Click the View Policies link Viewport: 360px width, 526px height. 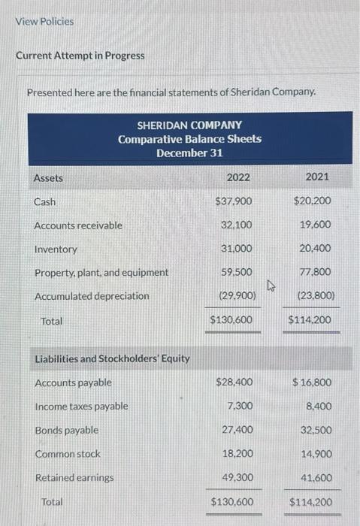[x=45, y=21]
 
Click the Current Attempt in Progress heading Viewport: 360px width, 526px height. [x=80, y=56]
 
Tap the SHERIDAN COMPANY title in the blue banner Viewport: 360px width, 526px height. [x=189, y=125]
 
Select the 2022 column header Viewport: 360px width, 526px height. [x=238, y=178]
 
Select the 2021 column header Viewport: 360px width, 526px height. [x=318, y=178]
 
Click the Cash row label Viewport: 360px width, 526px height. [x=45, y=202]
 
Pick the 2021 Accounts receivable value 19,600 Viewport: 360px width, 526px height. [x=316, y=225]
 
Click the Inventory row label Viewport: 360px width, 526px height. [x=56, y=249]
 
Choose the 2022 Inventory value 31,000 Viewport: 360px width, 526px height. [x=238, y=248]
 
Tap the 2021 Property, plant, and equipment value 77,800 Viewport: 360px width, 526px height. [x=316, y=272]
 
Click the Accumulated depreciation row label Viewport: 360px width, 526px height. [x=92, y=296]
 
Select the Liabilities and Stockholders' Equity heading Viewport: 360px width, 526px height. [x=113, y=358]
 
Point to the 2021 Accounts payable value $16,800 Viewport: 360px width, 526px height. [x=313, y=382]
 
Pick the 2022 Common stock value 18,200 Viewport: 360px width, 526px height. [x=238, y=453]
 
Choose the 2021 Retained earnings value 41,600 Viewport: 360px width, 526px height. [x=316, y=477]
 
